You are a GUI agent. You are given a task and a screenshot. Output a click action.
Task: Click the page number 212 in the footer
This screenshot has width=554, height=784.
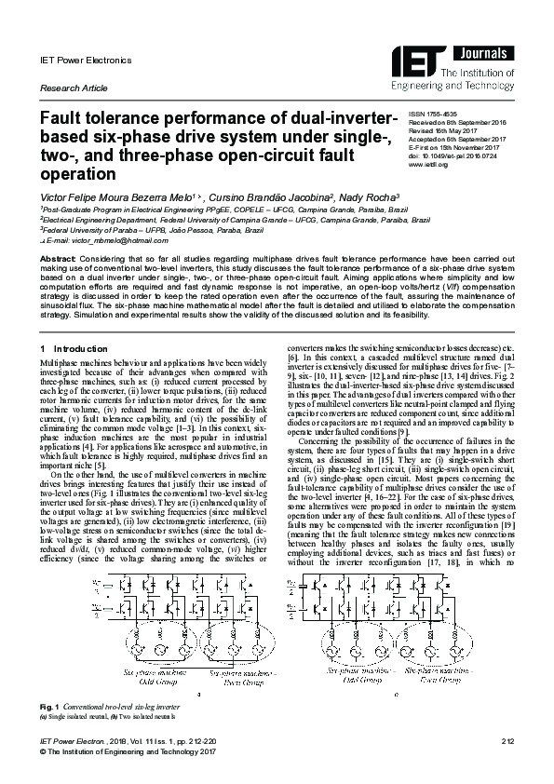507,741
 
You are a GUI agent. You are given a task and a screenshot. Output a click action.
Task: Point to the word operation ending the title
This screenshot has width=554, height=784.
76,173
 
